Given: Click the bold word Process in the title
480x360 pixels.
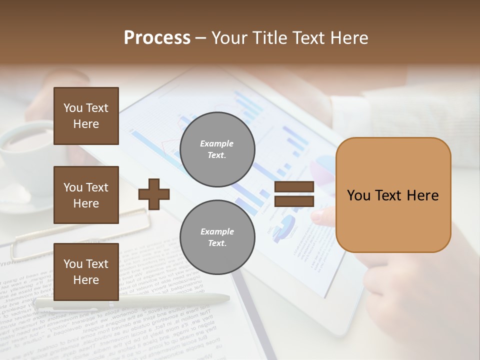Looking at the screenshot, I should (157, 38).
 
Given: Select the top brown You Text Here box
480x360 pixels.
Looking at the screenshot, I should (86, 116).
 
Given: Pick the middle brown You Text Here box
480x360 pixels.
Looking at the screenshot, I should (86, 195).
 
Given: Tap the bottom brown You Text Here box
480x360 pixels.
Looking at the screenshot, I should (86, 271).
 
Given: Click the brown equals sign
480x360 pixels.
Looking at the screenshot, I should (294, 194).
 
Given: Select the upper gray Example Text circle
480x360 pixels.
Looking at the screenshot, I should (217, 149).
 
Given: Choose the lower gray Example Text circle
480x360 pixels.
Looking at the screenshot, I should (217, 237).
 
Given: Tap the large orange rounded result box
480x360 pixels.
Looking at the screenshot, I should (393, 194).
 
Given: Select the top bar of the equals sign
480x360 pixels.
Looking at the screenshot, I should (294, 187).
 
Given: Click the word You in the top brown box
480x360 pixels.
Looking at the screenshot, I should (72, 108).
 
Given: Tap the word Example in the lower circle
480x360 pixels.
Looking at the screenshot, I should (217, 231).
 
